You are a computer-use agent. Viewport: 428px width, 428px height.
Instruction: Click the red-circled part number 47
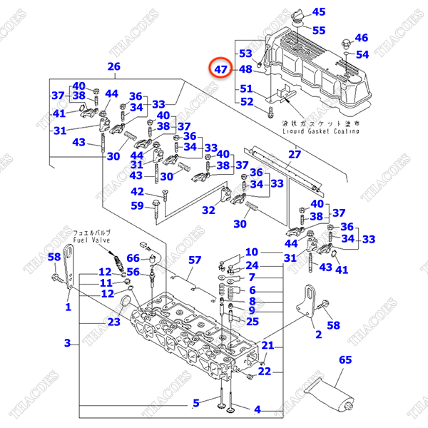(221, 69)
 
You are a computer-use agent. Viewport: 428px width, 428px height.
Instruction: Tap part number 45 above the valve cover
(318, 11)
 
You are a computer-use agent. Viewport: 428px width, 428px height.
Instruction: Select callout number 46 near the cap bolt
(362, 38)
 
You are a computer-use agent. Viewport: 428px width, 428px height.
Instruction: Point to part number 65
(345, 360)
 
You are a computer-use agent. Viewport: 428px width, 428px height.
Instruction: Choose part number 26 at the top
(113, 67)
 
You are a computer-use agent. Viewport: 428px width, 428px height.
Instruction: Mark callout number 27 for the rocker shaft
(295, 154)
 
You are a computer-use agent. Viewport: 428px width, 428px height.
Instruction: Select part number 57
(195, 260)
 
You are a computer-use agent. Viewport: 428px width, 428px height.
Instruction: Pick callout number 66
(134, 258)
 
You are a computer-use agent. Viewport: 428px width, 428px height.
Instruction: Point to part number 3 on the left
(68, 343)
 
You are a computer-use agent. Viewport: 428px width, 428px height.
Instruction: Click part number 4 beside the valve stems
(258, 409)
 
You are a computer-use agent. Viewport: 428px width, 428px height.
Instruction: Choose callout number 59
(137, 207)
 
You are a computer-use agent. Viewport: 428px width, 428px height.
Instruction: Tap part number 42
(137, 191)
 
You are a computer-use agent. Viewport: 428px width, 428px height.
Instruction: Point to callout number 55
(318, 31)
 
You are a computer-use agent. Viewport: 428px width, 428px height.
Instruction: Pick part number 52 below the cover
(246, 101)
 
